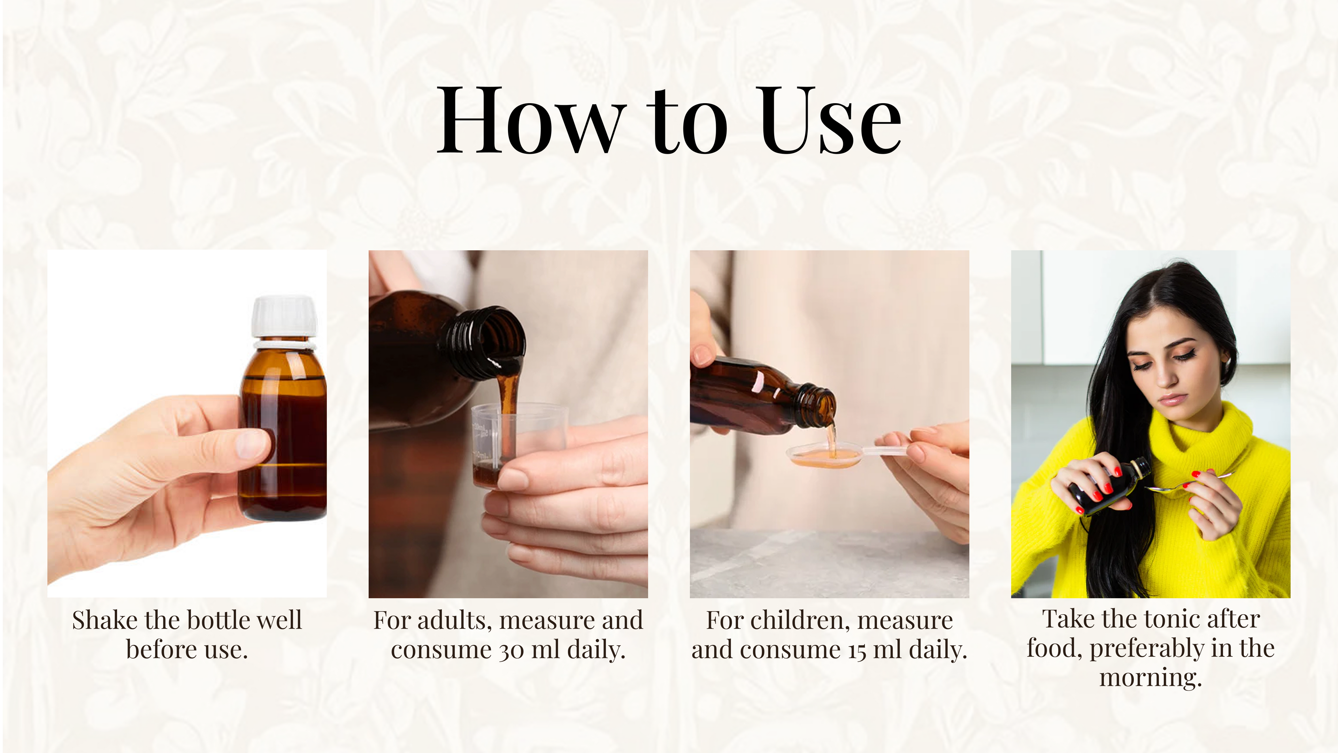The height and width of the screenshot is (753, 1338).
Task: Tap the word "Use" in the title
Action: pos(830,121)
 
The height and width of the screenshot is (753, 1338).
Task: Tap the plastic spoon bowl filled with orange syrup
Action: pos(824,456)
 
